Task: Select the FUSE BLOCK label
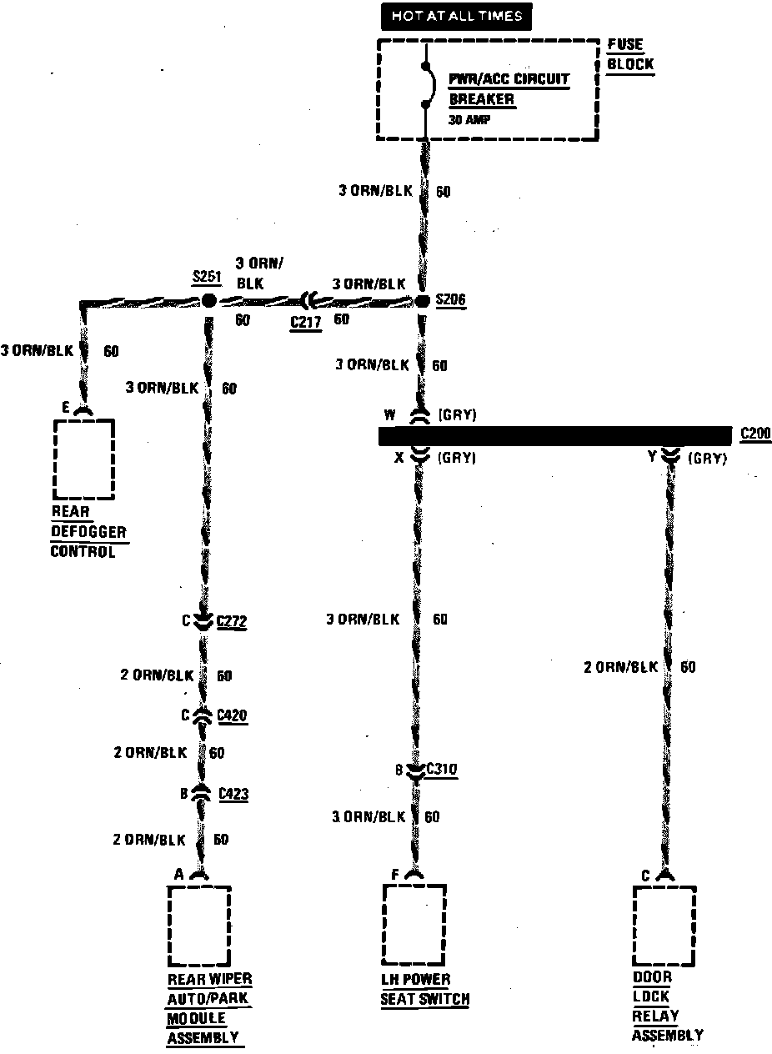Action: click(630, 54)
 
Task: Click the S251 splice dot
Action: click(208, 300)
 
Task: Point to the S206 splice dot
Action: click(422, 301)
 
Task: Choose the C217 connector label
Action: click(306, 322)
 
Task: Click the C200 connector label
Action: click(754, 434)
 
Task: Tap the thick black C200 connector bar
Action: click(554, 436)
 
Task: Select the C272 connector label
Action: click(232, 621)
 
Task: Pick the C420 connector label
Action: click(232, 715)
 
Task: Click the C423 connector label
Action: click(233, 795)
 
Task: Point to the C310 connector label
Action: click(442, 770)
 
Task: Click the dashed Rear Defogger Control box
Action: click(84, 459)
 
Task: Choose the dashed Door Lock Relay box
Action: click(664, 926)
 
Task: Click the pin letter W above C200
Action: click(389, 414)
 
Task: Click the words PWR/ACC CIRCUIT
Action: click(509, 79)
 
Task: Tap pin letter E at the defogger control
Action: click(66, 407)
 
